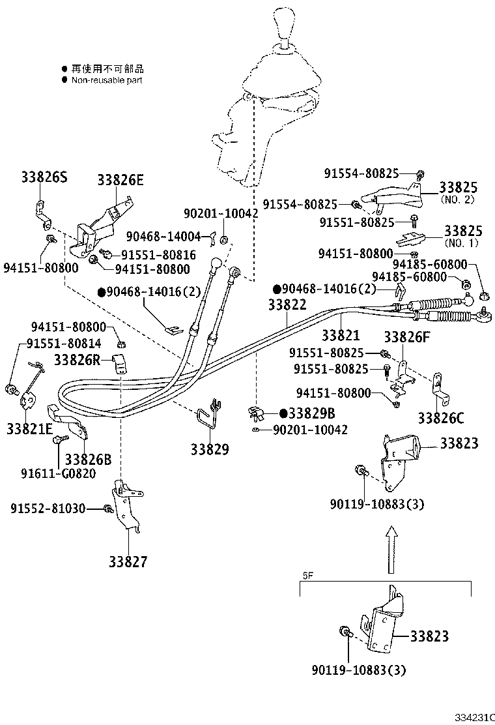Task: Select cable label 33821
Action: click(340, 335)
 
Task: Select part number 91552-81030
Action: click(48, 509)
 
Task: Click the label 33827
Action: click(128, 561)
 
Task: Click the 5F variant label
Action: click(308, 576)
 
